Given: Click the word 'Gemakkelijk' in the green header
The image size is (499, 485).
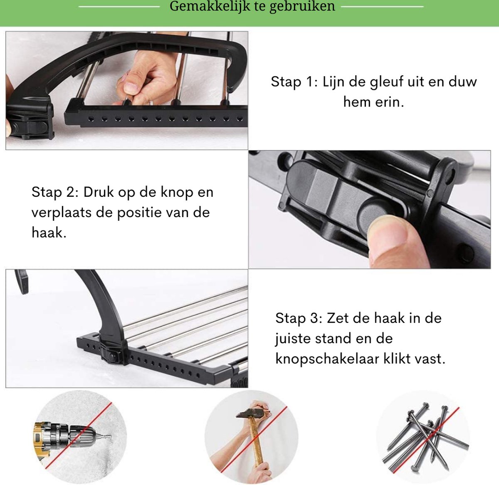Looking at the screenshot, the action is [210, 6].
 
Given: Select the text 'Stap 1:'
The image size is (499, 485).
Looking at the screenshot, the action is [294, 82].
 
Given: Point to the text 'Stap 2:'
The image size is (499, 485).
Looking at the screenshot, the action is [55, 192].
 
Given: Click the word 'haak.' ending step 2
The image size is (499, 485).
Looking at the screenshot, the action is [49, 233].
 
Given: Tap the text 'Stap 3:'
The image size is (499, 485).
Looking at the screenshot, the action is [299, 318].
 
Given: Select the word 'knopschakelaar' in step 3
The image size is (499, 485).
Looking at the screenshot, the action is [327, 359].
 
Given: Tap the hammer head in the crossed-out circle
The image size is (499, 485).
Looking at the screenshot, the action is [250, 413].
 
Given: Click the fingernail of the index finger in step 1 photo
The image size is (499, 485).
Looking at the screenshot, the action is [131, 87].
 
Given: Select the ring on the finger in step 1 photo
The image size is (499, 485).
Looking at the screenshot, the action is [151, 103].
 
